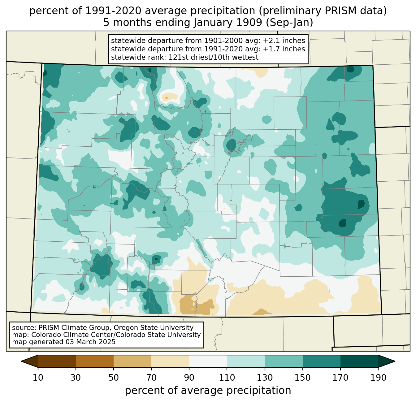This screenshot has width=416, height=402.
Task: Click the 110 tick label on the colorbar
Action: coord(227,378)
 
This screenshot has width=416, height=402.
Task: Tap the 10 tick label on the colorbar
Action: coord(38,378)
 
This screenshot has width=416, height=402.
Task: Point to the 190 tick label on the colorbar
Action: coord(378,378)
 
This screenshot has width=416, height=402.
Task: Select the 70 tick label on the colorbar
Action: coord(151,378)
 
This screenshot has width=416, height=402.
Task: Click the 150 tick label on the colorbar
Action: coord(302,378)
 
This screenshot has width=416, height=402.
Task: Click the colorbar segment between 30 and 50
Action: coord(95,361)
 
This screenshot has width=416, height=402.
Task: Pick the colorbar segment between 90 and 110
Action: coord(208,361)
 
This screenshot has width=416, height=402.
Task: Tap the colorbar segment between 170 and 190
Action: coord(359,361)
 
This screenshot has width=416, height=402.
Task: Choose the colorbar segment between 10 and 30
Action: coord(57,361)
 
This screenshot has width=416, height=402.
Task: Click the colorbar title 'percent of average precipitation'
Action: coord(208,391)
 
